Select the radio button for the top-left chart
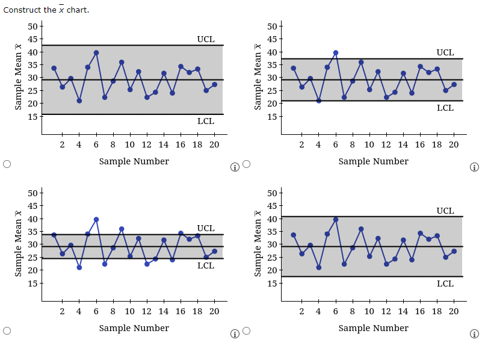[x=7, y=164]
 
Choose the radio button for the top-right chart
[x=246, y=164]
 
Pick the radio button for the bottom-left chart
[x=7, y=331]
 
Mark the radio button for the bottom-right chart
[x=246, y=331]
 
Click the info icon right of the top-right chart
[x=474, y=167]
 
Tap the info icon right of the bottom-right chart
[x=474, y=334]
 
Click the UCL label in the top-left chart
[x=205, y=39]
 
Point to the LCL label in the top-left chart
[x=205, y=121]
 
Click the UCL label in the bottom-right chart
[x=445, y=211]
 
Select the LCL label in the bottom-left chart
[x=205, y=265]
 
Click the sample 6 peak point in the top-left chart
[x=96, y=52]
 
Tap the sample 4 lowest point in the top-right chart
[x=318, y=101]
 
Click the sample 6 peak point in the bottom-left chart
[x=96, y=219]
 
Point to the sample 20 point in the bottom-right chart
[x=454, y=251]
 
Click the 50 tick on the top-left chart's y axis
[x=33, y=26]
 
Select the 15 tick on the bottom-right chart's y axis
[x=273, y=283]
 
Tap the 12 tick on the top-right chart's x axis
[x=386, y=144]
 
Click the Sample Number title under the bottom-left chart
[x=134, y=328]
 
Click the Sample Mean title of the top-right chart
[x=258, y=76]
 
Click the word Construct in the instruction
[x=22, y=10]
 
